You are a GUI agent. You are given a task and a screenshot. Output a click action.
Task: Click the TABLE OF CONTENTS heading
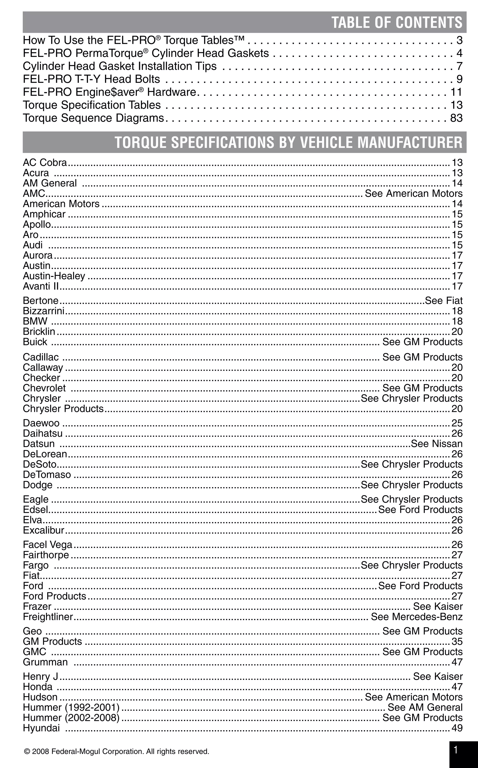397,22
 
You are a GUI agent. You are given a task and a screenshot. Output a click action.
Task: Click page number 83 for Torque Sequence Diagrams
456,118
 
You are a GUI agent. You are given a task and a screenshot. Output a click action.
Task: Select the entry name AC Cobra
45,163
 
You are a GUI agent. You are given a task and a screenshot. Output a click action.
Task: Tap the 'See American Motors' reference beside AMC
414,193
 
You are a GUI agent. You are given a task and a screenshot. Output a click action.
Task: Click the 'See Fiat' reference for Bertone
443,300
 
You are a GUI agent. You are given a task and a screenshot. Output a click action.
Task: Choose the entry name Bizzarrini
44,311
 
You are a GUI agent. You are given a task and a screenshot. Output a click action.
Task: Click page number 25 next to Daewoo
457,423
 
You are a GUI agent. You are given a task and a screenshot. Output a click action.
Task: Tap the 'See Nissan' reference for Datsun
437,443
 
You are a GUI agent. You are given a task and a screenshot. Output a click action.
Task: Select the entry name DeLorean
45,454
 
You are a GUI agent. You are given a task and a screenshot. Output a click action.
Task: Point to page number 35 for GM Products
457,641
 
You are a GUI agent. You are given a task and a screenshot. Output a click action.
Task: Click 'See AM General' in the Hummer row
425,707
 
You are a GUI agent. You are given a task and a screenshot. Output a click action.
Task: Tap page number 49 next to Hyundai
457,728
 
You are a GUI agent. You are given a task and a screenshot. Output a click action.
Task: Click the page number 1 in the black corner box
456,750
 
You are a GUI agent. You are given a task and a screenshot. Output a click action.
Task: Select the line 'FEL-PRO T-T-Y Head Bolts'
91,79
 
